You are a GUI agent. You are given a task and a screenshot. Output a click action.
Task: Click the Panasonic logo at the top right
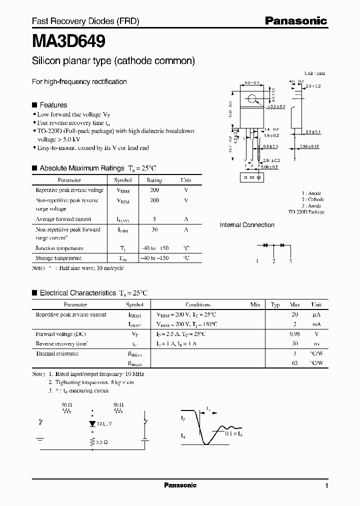[295, 21]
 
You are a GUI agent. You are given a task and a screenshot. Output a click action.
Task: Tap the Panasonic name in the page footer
[180, 485]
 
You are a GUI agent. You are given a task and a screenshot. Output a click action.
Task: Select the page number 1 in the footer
[326, 486]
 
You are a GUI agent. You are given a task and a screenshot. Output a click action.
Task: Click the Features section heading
[53, 105]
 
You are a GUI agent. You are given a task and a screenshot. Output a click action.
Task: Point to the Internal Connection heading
[247, 225]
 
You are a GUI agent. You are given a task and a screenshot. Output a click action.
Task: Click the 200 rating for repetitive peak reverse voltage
[154, 190]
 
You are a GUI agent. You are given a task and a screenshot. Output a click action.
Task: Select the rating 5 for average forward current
[154, 219]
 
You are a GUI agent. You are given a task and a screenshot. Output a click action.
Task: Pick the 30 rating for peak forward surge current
[154, 229]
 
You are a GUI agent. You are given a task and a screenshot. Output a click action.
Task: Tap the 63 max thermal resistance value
[295, 363]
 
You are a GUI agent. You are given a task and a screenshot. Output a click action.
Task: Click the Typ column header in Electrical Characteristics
[275, 304]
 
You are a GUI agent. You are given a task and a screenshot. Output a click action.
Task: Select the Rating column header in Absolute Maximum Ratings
[154, 180]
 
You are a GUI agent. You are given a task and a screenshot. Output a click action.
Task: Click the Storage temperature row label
[58, 258]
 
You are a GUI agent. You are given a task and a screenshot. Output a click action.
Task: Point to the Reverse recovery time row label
[61, 343]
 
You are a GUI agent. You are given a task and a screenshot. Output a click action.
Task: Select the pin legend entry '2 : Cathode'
[312, 199]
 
